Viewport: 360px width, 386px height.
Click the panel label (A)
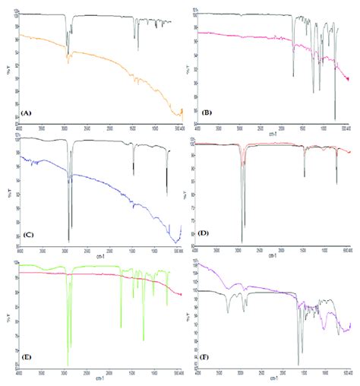coord(26,112)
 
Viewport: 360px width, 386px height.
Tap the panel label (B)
coord(206,112)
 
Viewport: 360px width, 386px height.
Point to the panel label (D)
coord(204,232)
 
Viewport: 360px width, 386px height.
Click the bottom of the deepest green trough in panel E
coord(68,365)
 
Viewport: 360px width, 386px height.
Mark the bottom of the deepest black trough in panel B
coord(335,119)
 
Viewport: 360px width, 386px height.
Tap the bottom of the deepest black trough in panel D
coord(242,241)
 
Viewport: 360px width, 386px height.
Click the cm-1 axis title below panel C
coord(100,255)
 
